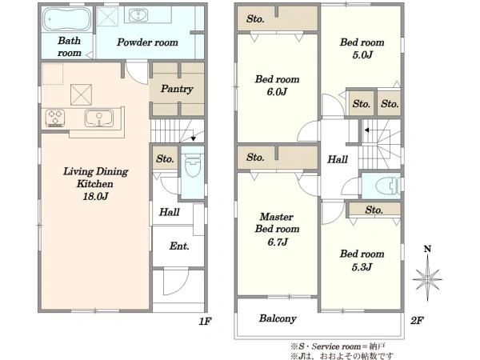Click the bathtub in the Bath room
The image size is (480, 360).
(66, 19)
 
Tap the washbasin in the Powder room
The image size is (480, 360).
(138, 15)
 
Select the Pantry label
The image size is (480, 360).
(177, 89)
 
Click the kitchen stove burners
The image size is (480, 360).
(55, 118)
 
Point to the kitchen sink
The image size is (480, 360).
(99, 118)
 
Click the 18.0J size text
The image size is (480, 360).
(95, 196)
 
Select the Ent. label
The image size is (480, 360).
(179, 246)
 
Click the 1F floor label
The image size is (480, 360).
(205, 321)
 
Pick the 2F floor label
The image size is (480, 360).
(418, 321)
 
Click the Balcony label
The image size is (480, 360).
(278, 318)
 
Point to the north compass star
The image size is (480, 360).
(427, 279)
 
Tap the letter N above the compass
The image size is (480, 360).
(427, 249)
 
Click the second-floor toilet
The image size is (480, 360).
(387, 186)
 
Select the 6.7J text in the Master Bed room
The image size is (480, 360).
(278, 242)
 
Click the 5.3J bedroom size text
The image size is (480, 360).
(362, 267)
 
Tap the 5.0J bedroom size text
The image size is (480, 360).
(362, 54)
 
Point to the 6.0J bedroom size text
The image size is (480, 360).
(277, 91)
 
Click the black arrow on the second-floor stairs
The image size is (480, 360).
(366, 130)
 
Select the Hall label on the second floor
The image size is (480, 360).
(338, 159)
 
